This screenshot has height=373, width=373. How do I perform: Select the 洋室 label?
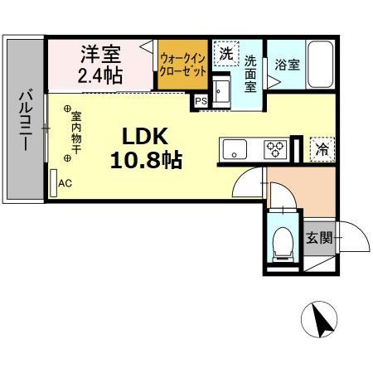coord(100,56)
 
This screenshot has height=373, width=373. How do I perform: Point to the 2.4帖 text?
coord(100,75)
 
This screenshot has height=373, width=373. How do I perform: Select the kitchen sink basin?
coord(235,150)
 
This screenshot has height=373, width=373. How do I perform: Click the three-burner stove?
coord(274,150)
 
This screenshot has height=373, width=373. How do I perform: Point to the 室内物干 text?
coord(76,131)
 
